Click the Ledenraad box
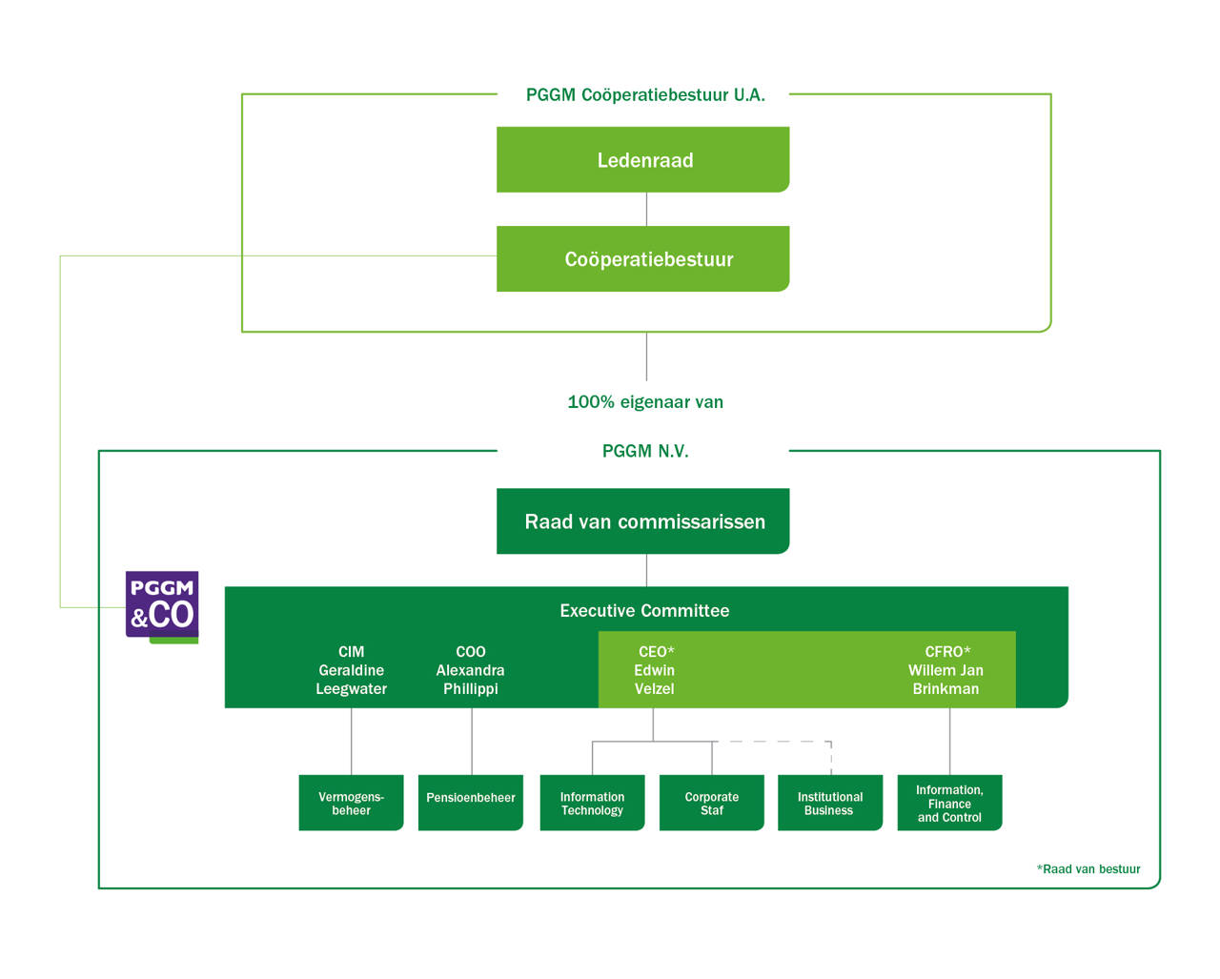pos(643,160)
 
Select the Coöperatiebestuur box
pos(643,259)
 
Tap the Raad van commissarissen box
pos(643,521)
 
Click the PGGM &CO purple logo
pos(162,605)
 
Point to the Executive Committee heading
pos(644,611)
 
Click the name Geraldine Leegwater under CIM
pos(352,680)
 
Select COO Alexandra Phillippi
pos(471,670)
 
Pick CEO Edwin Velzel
pos(655,670)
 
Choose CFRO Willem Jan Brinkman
pos(945,670)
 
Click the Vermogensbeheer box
pos(351,804)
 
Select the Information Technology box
pos(592,804)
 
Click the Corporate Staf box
pos(712,804)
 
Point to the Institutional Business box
pos(830,804)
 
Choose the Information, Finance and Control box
pos(949,804)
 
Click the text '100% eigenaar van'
pos(645,402)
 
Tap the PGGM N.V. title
pos(645,451)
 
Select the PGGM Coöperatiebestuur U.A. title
pos(645,95)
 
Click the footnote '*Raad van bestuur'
pos(1088,869)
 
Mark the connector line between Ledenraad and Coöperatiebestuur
pos(646,210)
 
